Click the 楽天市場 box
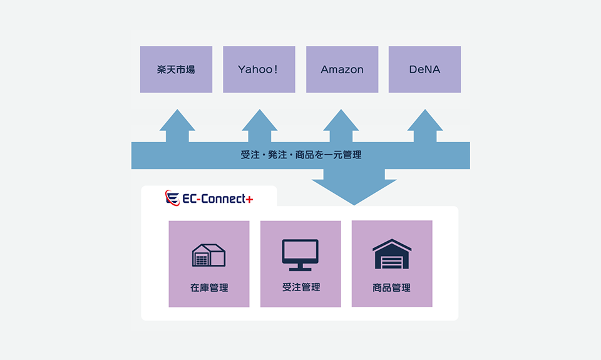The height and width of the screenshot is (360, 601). coord(176,69)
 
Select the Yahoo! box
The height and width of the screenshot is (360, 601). coord(259,69)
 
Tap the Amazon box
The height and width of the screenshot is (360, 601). coord(342,69)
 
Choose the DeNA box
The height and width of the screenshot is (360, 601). coord(424,69)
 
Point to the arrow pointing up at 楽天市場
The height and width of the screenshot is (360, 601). coord(177,126)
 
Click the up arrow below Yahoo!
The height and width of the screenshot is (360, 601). coord(259,126)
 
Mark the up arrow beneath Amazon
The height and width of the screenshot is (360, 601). coord(341,126)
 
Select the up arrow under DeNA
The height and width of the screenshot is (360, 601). coord(425,126)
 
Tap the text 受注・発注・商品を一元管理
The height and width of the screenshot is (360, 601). coord(301,155)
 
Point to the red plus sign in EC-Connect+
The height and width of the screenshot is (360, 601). coord(249,200)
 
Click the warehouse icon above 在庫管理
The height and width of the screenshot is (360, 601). coord(208,255)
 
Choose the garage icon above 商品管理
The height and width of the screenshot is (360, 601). coord(392,254)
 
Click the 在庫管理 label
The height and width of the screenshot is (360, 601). coord(209,288)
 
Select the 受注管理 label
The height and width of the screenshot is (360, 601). coord(301,287)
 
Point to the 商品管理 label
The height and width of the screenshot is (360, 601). coord(392,288)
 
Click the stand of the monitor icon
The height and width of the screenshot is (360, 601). coord(300,267)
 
